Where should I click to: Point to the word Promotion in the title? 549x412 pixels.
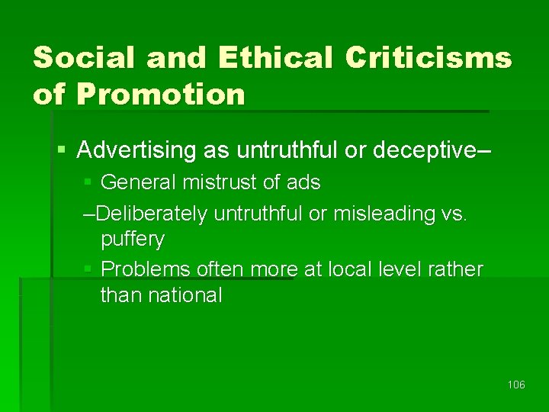click(162, 95)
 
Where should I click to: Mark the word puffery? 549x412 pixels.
click(133, 239)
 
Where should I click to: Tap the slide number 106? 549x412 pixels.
click(516, 385)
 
